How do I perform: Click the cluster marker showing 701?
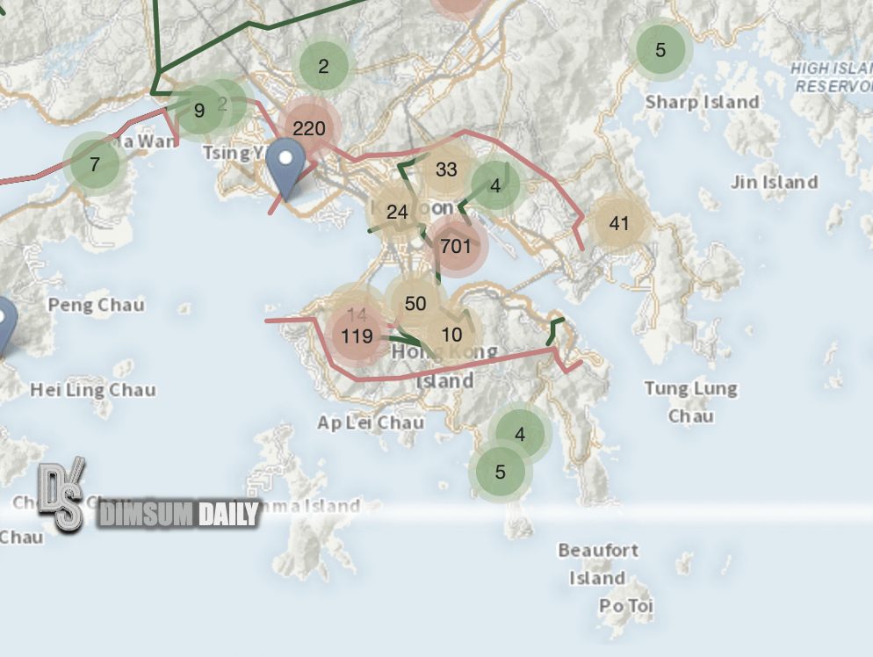[x=456, y=246]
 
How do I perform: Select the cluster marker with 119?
[x=357, y=336]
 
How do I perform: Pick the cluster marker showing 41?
[x=619, y=223]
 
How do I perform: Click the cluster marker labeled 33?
[x=446, y=170]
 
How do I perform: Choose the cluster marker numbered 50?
[x=415, y=304]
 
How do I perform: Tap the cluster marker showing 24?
[x=397, y=212]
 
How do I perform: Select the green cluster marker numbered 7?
[x=94, y=163]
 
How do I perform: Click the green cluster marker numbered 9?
[x=199, y=111]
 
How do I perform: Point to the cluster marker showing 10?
[x=451, y=334]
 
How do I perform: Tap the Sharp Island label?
[x=702, y=102]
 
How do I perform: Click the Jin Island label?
[x=774, y=183]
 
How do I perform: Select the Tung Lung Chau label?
[x=690, y=401]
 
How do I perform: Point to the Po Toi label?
[x=626, y=606]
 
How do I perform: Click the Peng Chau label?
[x=96, y=305]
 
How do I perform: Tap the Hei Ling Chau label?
[x=93, y=389]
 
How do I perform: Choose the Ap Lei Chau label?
[x=371, y=422]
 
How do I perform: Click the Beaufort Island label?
[x=598, y=564]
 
